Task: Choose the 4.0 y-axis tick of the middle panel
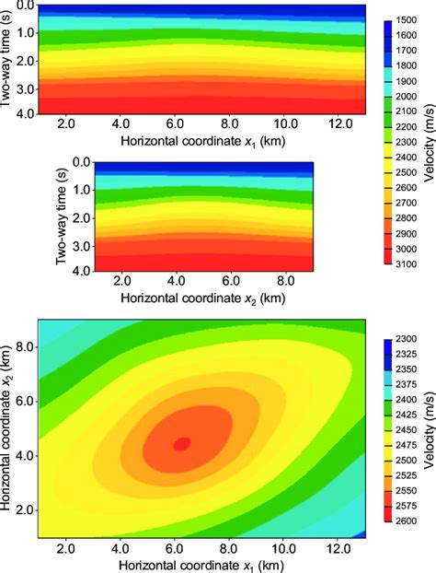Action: [83, 271]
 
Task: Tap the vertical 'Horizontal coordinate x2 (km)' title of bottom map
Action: [8, 429]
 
